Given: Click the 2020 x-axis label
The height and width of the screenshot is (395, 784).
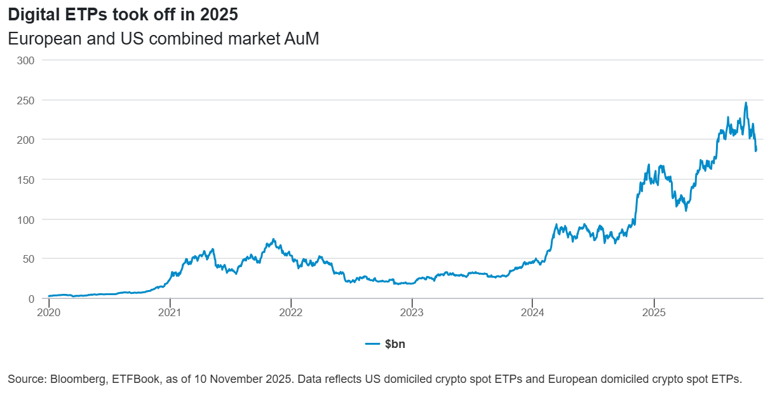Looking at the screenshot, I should (x=49, y=312).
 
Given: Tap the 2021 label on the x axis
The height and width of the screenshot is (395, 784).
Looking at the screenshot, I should (x=170, y=312).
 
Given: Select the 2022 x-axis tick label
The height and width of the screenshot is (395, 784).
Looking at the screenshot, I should (x=290, y=312).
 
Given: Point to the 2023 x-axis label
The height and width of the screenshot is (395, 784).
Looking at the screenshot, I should (x=412, y=312).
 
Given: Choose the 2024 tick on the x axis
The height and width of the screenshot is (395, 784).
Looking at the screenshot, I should (x=532, y=312).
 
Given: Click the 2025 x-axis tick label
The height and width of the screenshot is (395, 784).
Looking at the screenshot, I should (x=654, y=312).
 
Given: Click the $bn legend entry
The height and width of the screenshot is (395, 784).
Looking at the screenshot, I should (x=394, y=344).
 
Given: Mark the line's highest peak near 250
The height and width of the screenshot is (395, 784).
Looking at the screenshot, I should (x=746, y=103).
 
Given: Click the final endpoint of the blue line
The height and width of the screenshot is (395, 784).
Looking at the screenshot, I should (x=756, y=151).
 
